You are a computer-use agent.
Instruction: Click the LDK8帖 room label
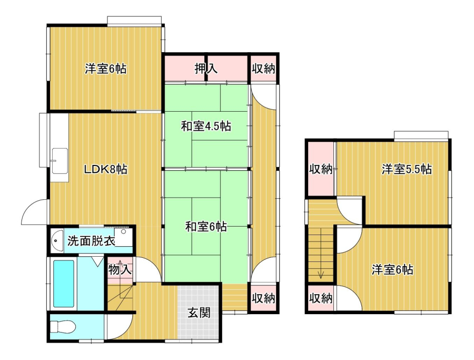(x=105, y=169)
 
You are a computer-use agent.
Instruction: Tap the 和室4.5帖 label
(x=206, y=126)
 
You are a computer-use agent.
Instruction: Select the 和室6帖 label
(x=206, y=226)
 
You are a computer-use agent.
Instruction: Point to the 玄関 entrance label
(x=199, y=313)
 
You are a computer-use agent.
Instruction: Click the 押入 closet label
(x=206, y=69)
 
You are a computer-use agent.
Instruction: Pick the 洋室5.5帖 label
(x=407, y=169)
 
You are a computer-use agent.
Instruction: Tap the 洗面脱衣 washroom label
(x=91, y=241)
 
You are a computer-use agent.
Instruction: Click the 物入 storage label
(x=120, y=269)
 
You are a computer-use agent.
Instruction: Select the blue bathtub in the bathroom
(x=64, y=284)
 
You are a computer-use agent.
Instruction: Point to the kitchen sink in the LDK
(x=60, y=161)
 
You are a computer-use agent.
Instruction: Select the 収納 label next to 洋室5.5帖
(x=320, y=169)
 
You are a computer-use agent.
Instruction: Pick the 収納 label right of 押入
(x=263, y=69)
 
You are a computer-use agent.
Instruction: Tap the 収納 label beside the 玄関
(x=263, y=298)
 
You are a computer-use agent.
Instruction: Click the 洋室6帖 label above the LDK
(x=105, y=69)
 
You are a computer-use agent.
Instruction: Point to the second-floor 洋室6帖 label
(x=392, y=269)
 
